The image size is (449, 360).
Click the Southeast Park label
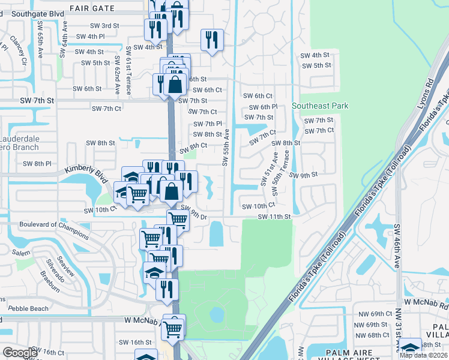click(320, 106)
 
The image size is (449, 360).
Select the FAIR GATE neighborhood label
click(91, 8)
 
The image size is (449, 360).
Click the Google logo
click(20, 353)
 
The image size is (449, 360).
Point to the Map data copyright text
click(423, 356)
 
